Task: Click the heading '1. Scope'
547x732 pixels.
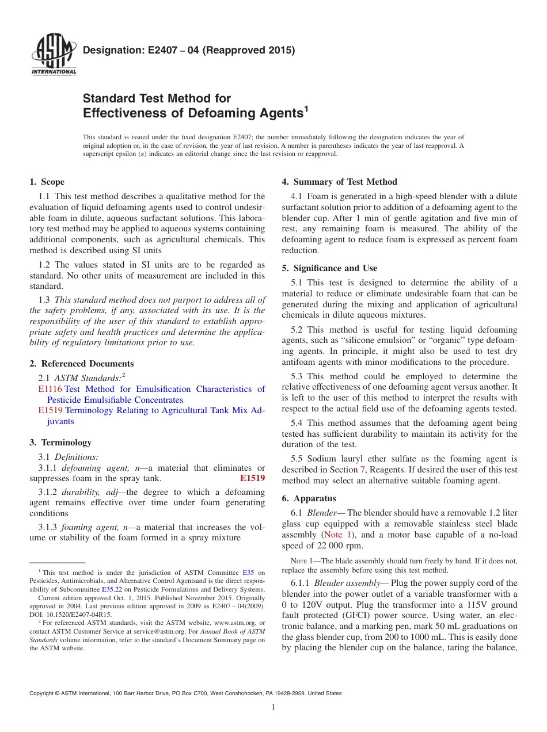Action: point(47,182)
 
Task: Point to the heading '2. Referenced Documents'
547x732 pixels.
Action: point(81,364)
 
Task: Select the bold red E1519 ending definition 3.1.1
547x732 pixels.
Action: point(252,478)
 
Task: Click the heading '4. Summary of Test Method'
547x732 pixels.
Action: point(339,182)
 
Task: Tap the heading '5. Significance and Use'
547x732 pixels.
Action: point(329,268)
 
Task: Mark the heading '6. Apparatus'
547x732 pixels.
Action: point(309,498)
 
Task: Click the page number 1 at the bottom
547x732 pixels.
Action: point(273,707)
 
